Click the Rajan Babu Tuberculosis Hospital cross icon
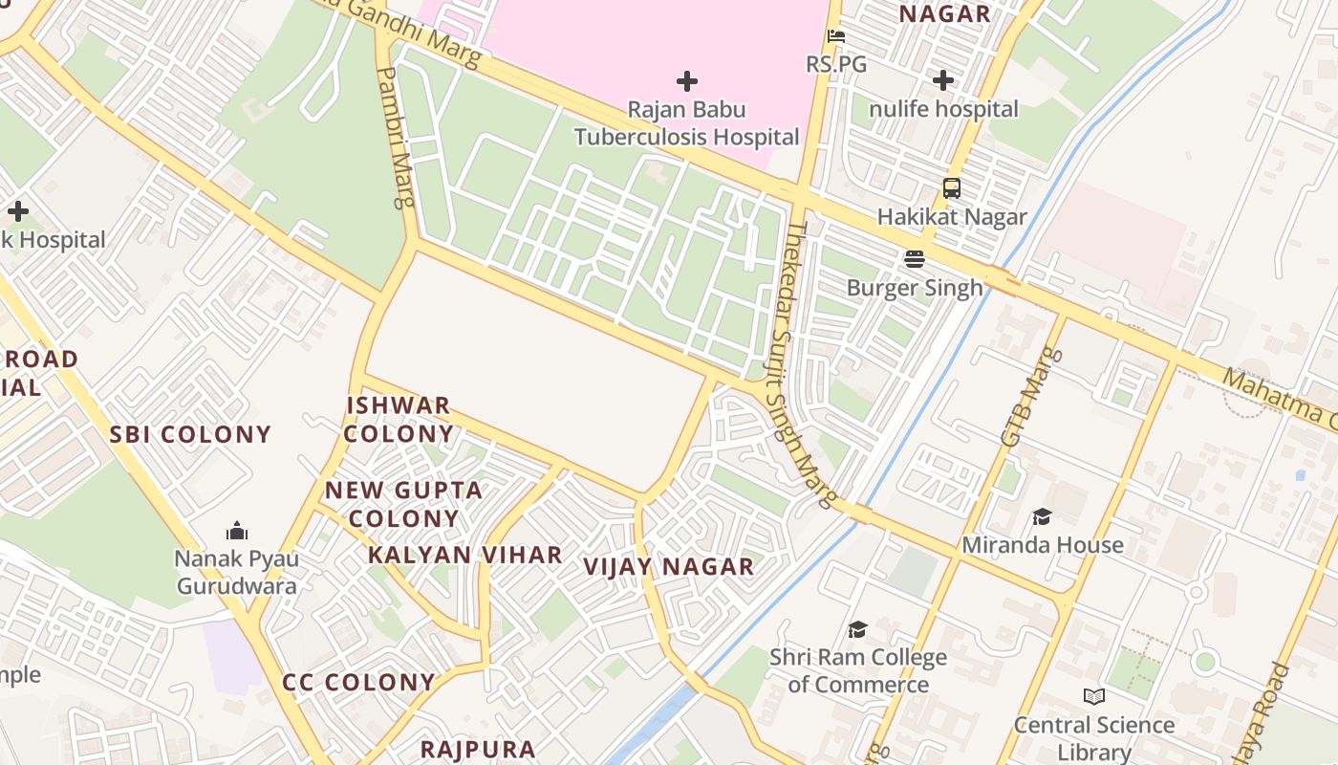point(686,81)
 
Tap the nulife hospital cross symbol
point(943,80)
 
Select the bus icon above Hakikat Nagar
point(952,188)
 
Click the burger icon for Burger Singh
point(915,259)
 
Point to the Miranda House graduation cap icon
point(1042,517)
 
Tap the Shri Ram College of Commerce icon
point(857,629)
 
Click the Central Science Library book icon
point(1094,697)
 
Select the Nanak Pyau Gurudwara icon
point(237,531)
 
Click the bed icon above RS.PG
point(836,37)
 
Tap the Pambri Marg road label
point(397,137)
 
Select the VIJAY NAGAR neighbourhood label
point(669,567)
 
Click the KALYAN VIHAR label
point(465,556)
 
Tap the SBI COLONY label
point(190,435)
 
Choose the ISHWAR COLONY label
point(399,419)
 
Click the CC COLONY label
point(358,683)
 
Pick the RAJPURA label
point(478,750)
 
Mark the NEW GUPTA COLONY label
point(403,504)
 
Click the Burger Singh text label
point(915,288)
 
